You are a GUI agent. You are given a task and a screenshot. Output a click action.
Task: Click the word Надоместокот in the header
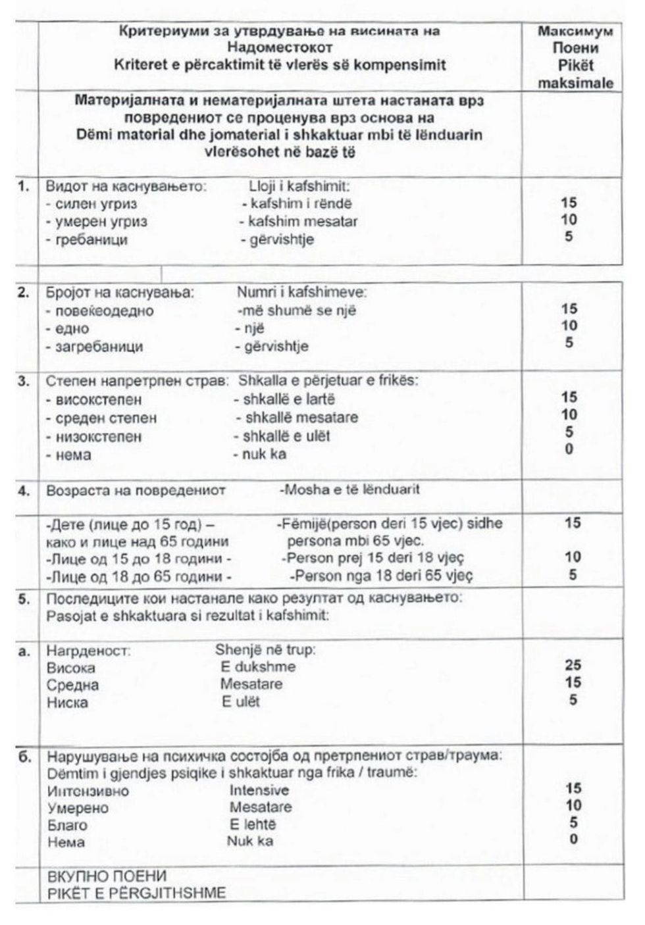click(280, 47)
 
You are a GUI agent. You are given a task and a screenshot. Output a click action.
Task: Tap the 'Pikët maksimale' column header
click(575, 74)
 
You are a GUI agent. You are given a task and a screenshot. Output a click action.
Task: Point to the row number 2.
click(24, 293)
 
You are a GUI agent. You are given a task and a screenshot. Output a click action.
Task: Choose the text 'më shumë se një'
click(297, 311)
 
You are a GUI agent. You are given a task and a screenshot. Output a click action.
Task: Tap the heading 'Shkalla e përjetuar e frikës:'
click(328, 380)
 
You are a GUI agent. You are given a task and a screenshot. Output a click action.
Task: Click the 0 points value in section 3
click(569, 449)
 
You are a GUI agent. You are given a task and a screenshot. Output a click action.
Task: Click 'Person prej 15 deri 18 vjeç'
click(373, 558)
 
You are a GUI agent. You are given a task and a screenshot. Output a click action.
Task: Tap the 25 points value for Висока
click(573, 664)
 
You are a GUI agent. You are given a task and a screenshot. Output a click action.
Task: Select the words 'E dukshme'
click(258, 666)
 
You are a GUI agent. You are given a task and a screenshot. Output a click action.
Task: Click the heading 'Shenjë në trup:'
click(265, 649)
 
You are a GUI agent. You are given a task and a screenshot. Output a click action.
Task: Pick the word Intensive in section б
click(259, 790)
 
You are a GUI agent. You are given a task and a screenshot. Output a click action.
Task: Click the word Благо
click(67, 825)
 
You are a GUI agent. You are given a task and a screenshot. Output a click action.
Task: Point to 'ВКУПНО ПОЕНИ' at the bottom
click(107, 876)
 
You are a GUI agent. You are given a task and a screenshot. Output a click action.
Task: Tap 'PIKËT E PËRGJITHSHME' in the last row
click(136, 893)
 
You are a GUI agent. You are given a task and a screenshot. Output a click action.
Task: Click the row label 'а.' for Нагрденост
click(24, 651)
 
